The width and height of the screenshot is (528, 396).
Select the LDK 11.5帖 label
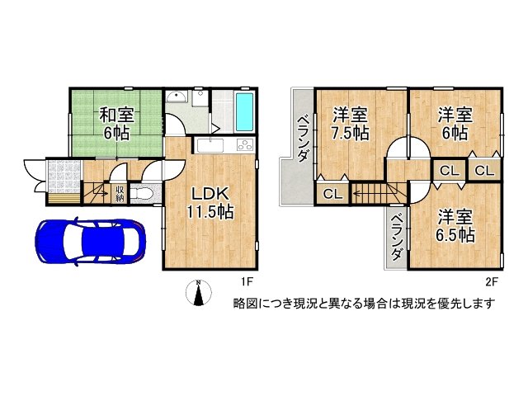point(212,202)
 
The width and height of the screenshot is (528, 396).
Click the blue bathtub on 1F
point(243,113)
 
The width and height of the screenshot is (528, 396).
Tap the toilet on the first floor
point(142,195)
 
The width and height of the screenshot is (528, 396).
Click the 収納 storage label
point(120,193)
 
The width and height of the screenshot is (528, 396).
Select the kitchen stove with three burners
point(245,146)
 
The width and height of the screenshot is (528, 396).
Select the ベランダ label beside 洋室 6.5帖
point(396,237)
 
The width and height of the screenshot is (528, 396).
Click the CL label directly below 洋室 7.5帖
point(332,194)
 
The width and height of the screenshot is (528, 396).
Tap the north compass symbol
point(199,292)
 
